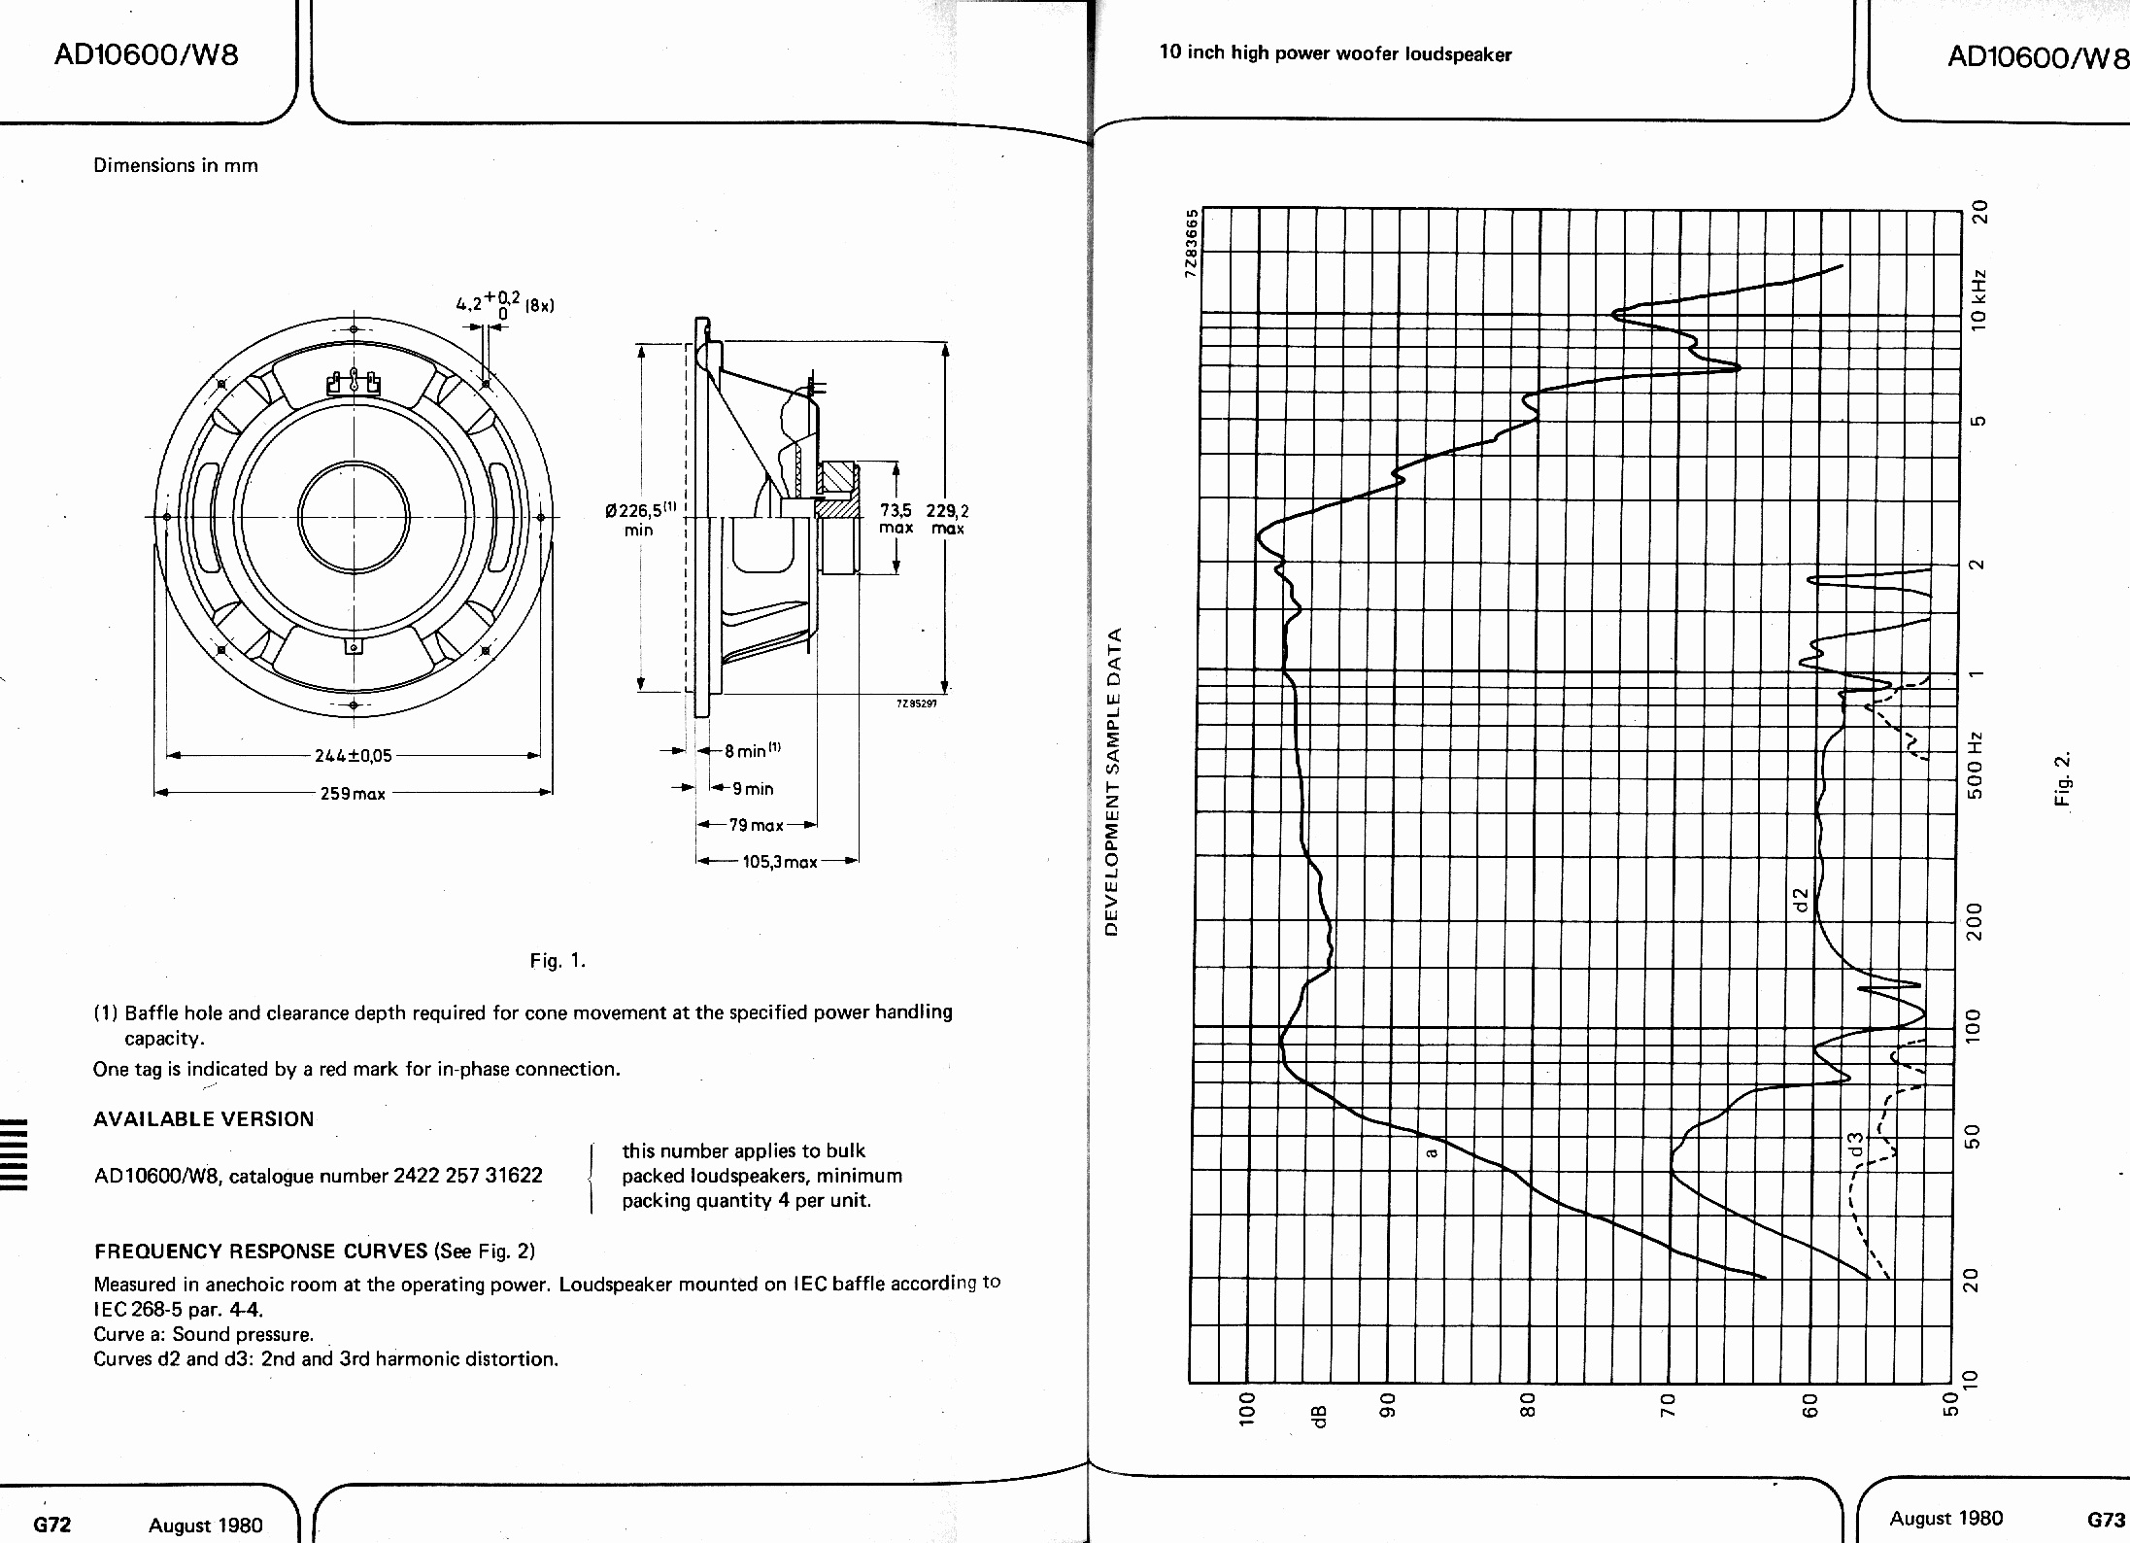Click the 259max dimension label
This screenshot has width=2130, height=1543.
353,794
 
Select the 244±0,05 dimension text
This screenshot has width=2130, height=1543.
353,756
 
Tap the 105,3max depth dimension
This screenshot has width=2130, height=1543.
780,862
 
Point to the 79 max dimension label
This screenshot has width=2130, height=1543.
757,825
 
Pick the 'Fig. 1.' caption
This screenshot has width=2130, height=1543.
558,961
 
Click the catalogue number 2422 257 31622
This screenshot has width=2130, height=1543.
468,1176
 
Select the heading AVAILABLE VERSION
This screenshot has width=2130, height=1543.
204,1119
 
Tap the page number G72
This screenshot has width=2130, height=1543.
52,1525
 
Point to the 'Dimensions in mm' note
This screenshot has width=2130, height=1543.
176,165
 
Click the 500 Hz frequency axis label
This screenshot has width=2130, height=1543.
1975,766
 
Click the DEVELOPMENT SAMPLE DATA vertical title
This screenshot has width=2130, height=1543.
1114,782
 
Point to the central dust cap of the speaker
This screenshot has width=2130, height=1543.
354,516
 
